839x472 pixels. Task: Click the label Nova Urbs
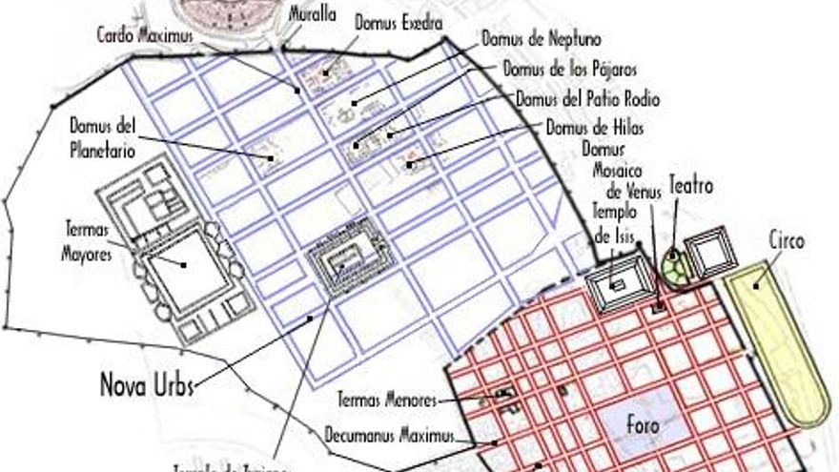[147, 385]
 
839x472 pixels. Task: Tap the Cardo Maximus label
[145, 35]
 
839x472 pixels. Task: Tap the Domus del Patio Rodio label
[587, 98]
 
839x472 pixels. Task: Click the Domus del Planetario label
[102, 137]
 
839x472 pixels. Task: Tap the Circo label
[787, 241]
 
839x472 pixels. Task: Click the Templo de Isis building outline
[617, 283]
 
